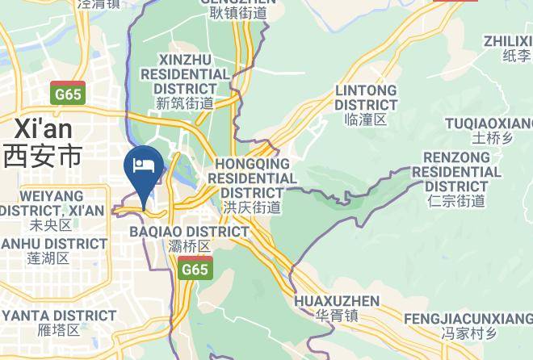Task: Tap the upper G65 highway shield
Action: click(68, 94)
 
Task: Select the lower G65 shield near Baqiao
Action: click(195, 269)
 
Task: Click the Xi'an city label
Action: click(43, 128)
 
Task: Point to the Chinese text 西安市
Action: click(43, 154)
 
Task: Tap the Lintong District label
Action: click(366, 97)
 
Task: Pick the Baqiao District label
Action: click(190, 232)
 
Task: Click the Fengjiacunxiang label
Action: click(468, 318)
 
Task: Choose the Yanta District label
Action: click(58, 315)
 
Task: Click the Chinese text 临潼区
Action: click(366, 119)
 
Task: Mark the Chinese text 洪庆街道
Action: click(251, 207)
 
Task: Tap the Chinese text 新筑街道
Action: click(185, 103)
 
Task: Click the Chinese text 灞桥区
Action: click(190, 246)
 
